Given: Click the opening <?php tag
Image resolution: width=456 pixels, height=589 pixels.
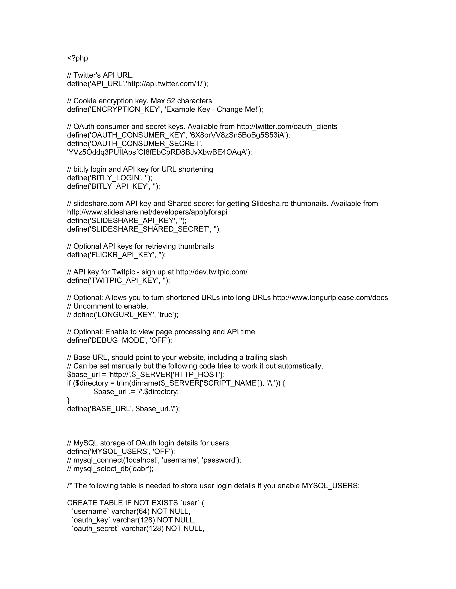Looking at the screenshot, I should (x=77, y=58).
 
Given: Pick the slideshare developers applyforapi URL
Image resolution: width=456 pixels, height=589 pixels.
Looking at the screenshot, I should (x=147, y=212).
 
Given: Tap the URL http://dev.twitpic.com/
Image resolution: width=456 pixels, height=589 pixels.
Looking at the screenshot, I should (x=212, y=272).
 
